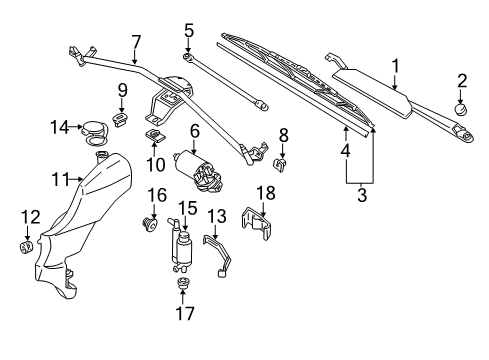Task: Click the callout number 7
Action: tap(136, 42)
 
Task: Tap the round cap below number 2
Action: tap(461, 109)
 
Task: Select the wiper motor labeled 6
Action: tap(198, 171)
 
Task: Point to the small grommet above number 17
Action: tap(182, 283)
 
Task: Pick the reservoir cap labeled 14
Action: tap(95, 133)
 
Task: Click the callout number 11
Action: tap(60, 180)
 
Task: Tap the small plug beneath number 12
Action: tap(26, 247)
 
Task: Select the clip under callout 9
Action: tap(120, 119)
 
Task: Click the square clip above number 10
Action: tap(155, 135)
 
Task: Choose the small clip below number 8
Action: tap(281, 164)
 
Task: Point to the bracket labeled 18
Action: tap(257, 223)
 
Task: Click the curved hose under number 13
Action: tap(218, 255)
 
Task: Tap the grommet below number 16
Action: tap(149, 225)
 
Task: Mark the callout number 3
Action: tap(362, 195)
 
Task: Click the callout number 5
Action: tap(189, 31)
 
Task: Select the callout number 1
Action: tap(395, 66)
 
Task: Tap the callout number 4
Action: tap(345, 150)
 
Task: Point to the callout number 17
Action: tap(185, 313)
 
